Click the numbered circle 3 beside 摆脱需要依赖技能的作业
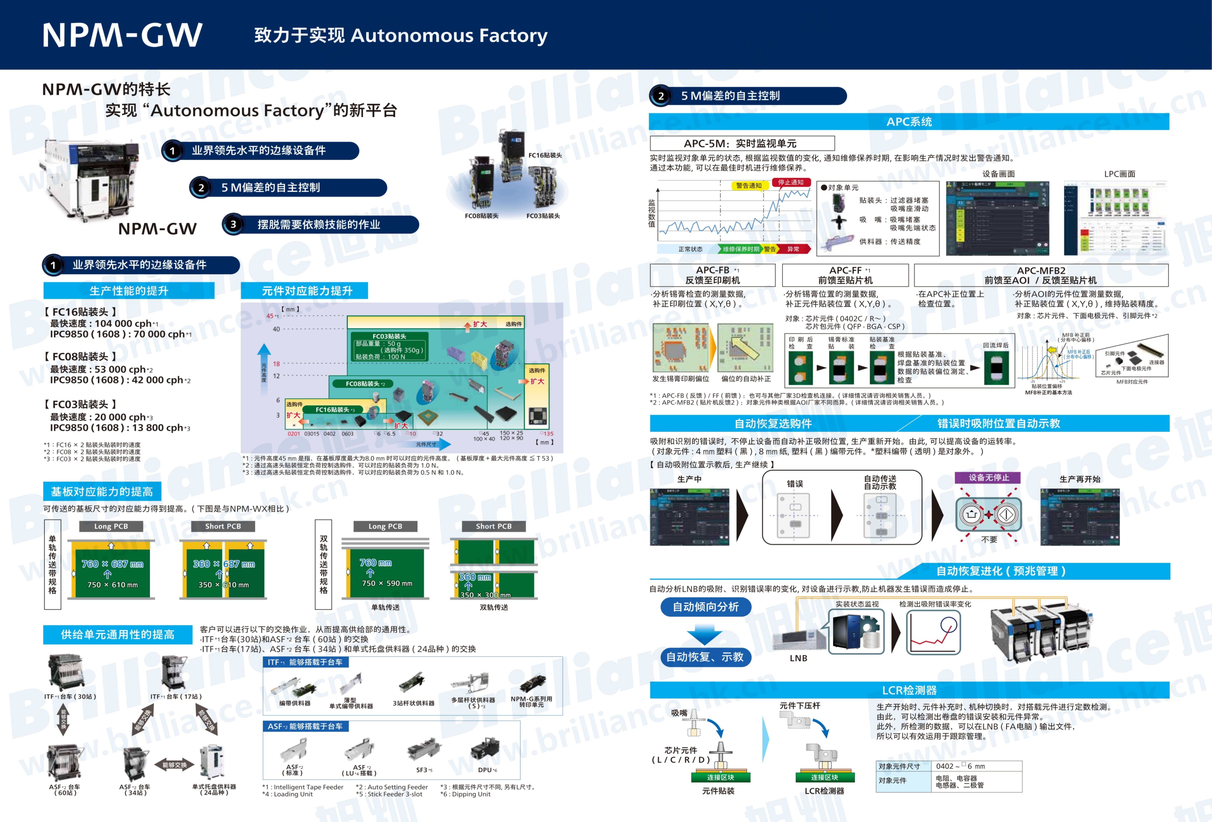233,225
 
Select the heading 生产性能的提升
129,291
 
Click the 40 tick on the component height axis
276,329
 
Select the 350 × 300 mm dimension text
485,595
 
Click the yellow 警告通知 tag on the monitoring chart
748,186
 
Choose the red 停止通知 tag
791,182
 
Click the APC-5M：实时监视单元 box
742,143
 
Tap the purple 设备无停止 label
988,477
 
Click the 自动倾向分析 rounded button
706,607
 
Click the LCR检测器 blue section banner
909,690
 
